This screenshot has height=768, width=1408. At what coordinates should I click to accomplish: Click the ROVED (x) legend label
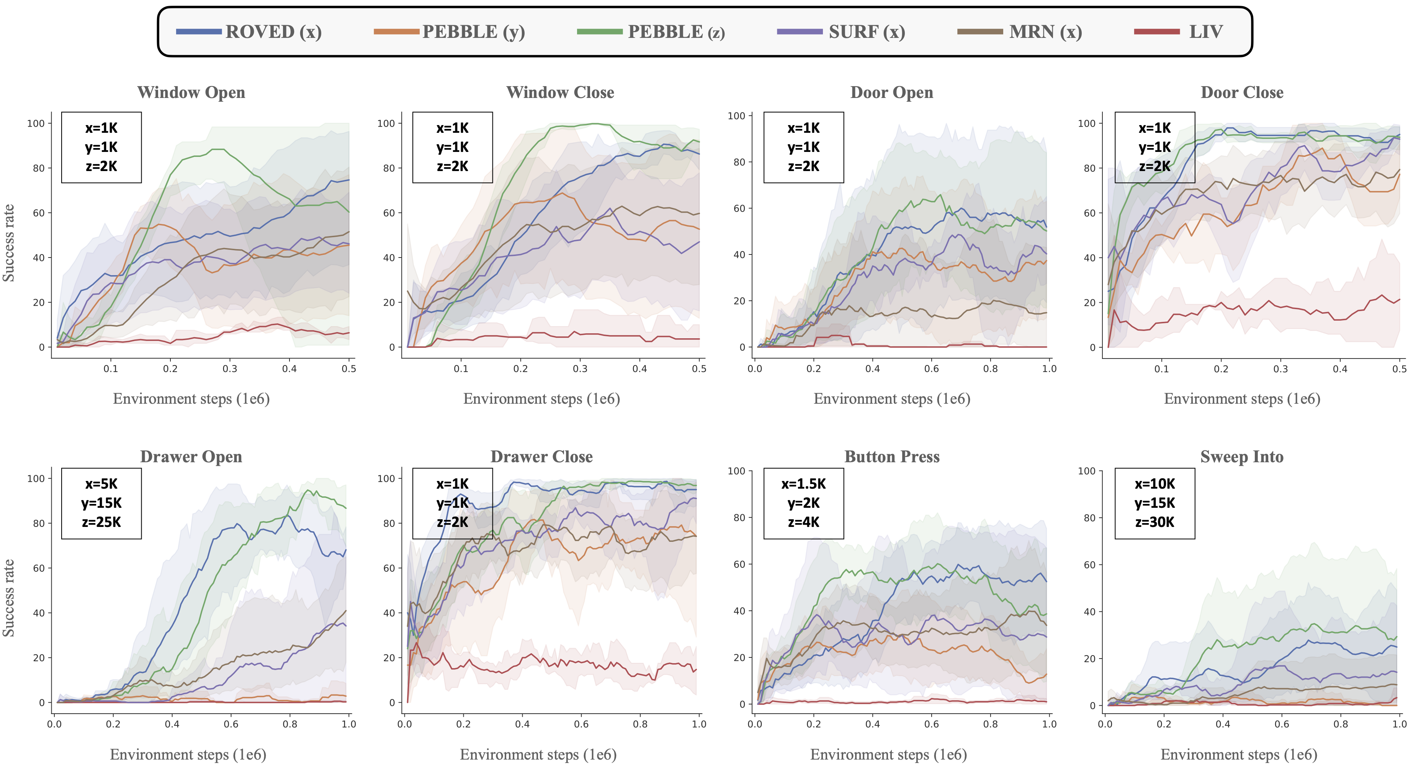[273, 32]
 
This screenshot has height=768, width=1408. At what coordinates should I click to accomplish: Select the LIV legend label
[1206, 32]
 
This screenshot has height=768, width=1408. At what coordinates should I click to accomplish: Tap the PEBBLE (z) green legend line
[600, 32]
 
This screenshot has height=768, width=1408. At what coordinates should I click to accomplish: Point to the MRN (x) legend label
[1045, 32]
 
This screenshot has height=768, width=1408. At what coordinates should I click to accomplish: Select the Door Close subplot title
[1242, 92]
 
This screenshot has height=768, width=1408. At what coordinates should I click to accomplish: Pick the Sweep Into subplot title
[1242, 457]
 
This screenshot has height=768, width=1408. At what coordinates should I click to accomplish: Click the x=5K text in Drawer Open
[101, 484]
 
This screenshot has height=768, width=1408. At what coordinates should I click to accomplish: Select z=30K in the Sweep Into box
[1155, 522]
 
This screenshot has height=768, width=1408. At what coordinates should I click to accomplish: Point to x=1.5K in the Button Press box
[803, 484]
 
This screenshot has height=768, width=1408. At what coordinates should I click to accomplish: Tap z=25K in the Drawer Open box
[101, 522]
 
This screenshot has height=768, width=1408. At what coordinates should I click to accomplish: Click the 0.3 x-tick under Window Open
[230, 369]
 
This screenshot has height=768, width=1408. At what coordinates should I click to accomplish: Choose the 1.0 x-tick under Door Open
[1049, 369]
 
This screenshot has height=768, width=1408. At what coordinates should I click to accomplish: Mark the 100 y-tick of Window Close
[386, 124]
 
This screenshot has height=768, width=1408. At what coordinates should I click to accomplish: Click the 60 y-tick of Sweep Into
[1089, 565]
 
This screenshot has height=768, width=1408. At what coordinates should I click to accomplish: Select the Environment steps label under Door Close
[1242, 399]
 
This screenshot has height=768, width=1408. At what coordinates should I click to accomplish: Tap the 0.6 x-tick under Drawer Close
[581, 724]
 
